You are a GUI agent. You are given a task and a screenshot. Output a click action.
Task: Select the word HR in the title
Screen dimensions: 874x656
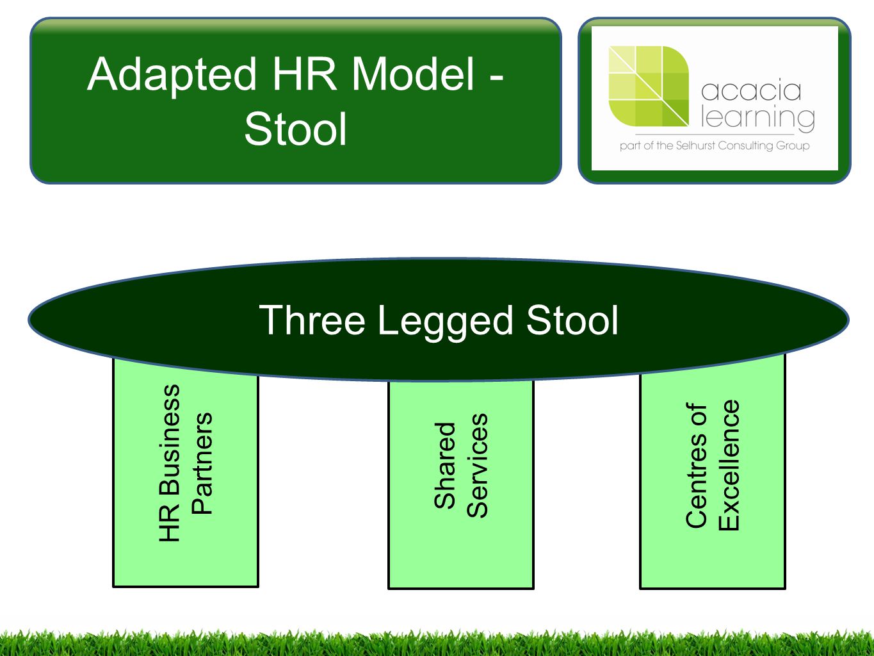click(x=305, y=74)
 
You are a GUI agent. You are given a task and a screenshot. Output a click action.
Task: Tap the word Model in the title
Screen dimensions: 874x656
click(x=413, y=74)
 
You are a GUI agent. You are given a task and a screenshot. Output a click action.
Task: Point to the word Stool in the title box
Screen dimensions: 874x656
click(x=295, y=129)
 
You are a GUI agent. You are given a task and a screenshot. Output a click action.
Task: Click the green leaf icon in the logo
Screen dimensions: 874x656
click(x=649, y=86)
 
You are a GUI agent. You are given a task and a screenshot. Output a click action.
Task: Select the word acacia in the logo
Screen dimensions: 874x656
click(x=751, y=91)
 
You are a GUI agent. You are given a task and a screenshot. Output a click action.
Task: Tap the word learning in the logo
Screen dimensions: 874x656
click(x=757, y=117)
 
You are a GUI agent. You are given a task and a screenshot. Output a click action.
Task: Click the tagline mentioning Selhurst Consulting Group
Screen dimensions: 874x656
click(x=715, y=146)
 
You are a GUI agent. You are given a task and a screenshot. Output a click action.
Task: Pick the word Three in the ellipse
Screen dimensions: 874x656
click(x=312, y=320)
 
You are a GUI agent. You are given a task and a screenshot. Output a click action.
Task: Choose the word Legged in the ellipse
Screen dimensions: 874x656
click(x=445, y=323)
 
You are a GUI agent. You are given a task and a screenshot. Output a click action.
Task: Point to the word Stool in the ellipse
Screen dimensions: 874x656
click(x=572, y=320)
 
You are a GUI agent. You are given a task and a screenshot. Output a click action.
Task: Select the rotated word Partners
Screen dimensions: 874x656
click(x=202, y=463)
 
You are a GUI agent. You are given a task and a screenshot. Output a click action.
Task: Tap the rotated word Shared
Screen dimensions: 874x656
click(x=445, y=465)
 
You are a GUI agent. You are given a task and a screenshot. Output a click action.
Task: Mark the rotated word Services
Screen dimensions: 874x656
click(x=477, y=466)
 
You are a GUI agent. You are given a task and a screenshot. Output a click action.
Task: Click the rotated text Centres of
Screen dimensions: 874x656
click(x=696, y=465)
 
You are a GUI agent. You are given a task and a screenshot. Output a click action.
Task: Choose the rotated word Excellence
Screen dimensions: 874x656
click(x=729, y=465)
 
